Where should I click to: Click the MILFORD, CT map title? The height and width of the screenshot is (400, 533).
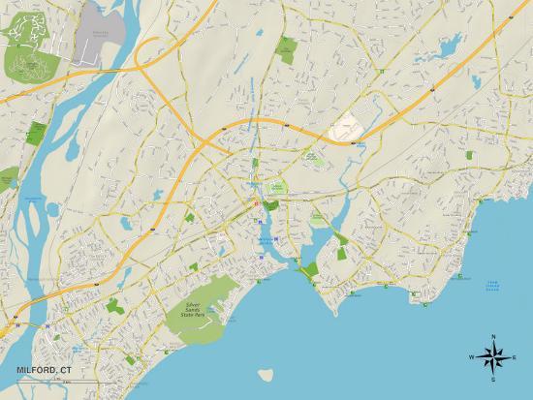coord(43,369)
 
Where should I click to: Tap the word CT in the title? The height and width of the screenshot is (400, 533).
coord(65,369)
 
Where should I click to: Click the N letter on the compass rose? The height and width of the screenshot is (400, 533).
coord(492,336)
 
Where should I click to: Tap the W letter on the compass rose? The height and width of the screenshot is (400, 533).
coord(471,358)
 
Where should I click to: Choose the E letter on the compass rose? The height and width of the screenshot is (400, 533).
coord(514,358)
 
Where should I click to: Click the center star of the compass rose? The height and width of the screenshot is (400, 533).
coord(492,358)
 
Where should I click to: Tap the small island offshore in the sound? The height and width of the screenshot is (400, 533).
coord(262,374)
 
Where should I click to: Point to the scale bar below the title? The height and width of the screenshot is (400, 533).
coord(39,381)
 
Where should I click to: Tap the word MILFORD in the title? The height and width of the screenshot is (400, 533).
coord(34,369)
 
